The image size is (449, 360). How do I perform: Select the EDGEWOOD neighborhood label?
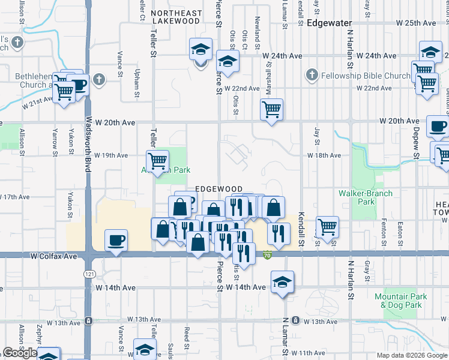(218, 189)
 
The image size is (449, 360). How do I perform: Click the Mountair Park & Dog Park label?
(401, 301)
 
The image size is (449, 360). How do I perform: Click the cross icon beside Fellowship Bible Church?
(311, 75)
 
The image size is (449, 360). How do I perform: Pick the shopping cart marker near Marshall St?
(272, 110)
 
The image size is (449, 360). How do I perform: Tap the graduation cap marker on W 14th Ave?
(282, 281)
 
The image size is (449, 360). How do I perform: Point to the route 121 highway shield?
(89, 273)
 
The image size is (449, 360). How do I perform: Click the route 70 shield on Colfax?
(266, 256)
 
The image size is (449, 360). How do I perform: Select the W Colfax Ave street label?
(54, 256)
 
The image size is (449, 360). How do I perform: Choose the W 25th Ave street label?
(416, 23)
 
